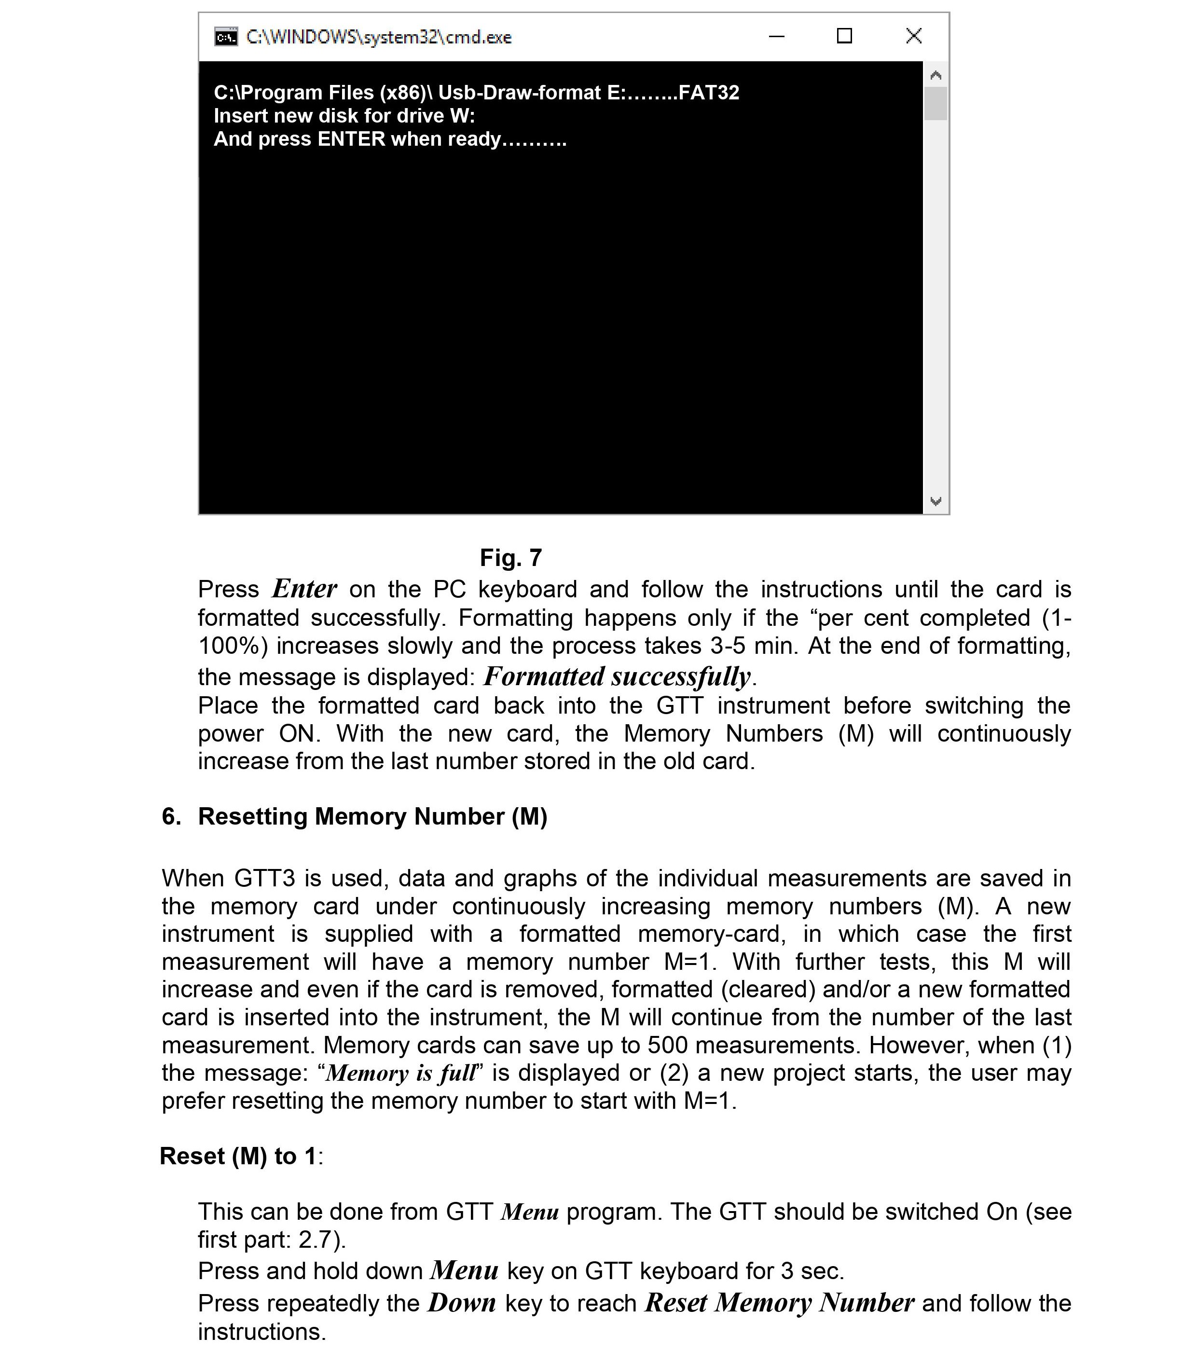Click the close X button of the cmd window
913,36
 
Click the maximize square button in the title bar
844,36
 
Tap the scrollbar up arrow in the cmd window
935,75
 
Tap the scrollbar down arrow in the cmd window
935,501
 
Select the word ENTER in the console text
351,139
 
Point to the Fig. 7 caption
510,557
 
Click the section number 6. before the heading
171,816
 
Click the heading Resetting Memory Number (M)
373,816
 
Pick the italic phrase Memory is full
400,1073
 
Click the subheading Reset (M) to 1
239,1156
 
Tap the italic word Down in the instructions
461,1303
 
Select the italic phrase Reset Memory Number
780,1303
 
